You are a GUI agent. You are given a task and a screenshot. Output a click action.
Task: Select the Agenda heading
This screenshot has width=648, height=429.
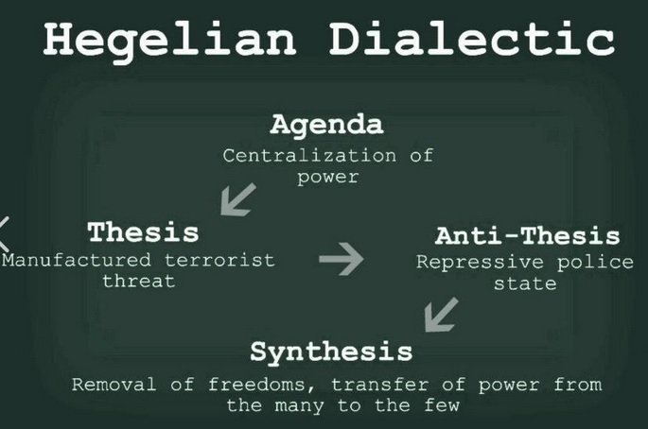pyautogui.click(x=326, y=125)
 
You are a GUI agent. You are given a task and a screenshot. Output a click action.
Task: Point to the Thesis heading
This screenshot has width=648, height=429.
pyautogui.click(x=143, y=232)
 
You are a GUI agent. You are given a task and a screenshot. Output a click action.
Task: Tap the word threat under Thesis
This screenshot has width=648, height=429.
pyautogui.click(x=138, y=281)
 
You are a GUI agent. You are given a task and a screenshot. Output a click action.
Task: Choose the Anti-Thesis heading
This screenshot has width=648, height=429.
pyautogui.click(x=527, y=236)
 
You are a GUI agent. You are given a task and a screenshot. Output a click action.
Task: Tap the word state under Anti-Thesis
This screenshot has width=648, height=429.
pyautogui.click(x=525, y=283)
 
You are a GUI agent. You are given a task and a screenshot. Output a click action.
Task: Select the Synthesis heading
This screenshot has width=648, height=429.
pyautogui.click(x=331, y=352)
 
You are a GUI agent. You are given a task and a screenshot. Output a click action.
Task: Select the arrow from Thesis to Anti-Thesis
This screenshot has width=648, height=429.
pyautogui.click(x=342, y=258)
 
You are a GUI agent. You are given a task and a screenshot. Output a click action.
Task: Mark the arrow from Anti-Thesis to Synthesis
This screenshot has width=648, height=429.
pyautogui.click(x=441, y=315)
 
